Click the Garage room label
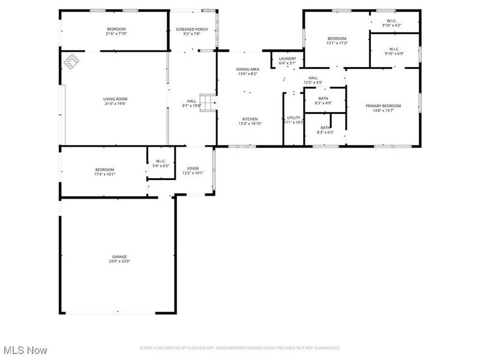point(118,257)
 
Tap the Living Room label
point(116,99)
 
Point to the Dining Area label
point(248,70)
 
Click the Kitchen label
point(250,119)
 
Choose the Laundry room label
point(287,59)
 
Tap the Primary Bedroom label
point(383,106)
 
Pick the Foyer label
point(193,169)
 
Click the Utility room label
point(293,118)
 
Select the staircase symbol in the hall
point(207,103)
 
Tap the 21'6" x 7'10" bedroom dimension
point(116,34)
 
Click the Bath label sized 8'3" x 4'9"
point(323,98)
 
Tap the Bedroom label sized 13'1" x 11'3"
point(337,39)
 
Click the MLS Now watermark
point(25,349)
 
